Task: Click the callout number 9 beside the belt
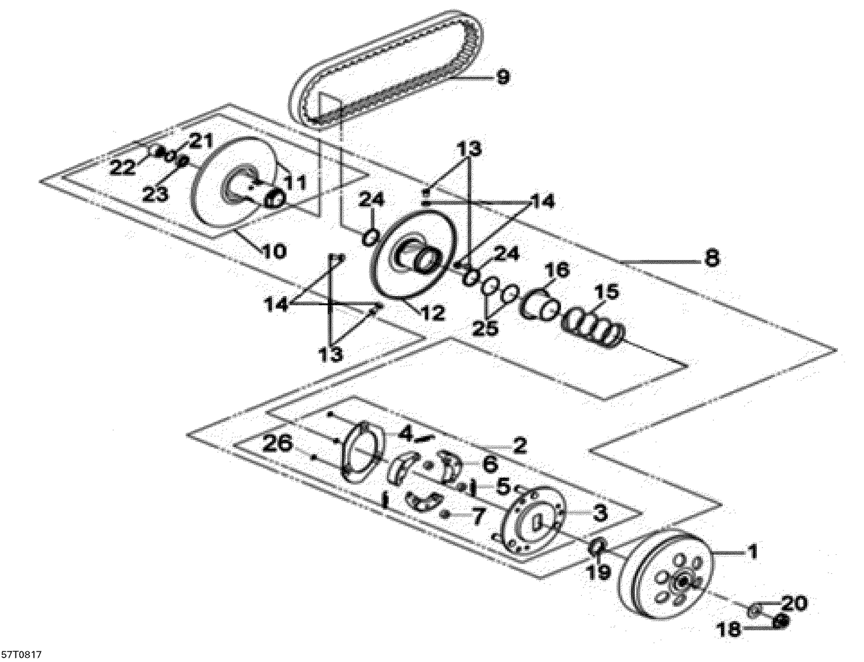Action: point(503,77)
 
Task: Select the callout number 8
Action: point(712,258)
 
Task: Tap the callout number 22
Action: point(123,168)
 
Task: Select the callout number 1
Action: point(752,553)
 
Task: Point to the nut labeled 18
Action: point(781,621)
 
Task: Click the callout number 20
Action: point(794,604)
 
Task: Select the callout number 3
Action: point(600,513)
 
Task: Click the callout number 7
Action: point(478,517)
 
